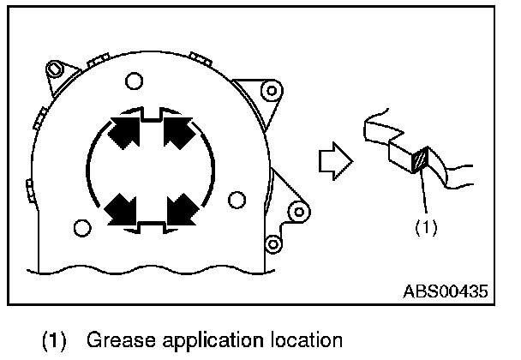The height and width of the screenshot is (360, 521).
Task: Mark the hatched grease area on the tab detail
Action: click(x=419, y=160)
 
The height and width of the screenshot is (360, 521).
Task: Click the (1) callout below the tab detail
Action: click(x=427, y=229)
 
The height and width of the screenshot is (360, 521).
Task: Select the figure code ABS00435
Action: click(x=446, y=291)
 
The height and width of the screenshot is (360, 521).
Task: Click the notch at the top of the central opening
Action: click(x=152, y=112)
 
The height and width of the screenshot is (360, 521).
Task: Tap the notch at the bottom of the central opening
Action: click(x=152, y=226)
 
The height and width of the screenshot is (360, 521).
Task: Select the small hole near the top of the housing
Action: click(x=132, y=81)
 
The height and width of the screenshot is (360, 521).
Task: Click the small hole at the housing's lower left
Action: click(x=82, y=228)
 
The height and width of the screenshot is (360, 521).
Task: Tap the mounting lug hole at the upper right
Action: click(x=272, y=89)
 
